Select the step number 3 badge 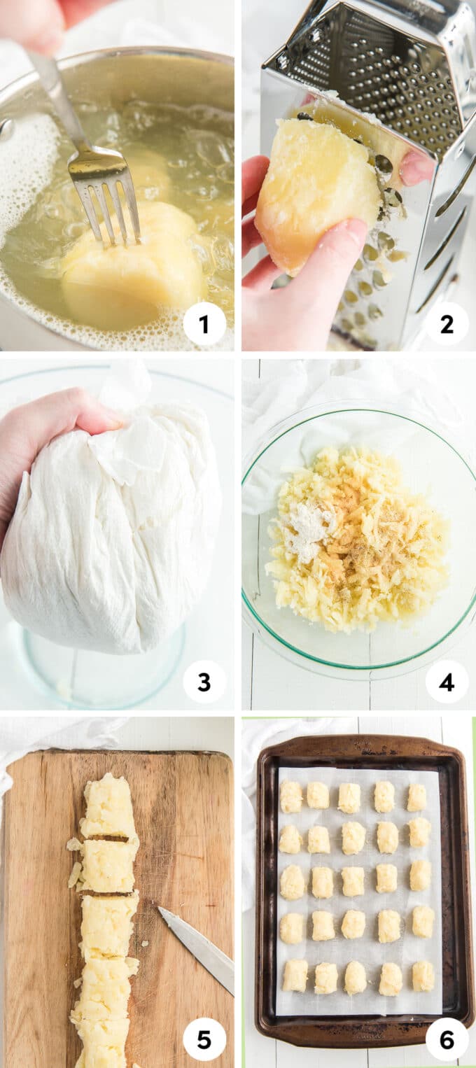tap(204, 682)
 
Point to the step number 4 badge tap(447, 682)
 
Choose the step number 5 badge tap(204, 1040)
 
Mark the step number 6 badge tap(447, 1040)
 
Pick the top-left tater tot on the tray tap(291, 796)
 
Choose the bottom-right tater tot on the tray tap(423, 975)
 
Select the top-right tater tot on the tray tap(417, 797)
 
